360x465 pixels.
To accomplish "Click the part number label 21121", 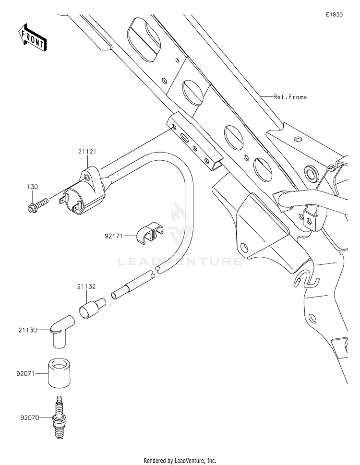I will pos(88,152).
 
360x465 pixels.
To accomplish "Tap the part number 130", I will pos(32,186).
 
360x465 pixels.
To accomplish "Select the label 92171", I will pos(114,236).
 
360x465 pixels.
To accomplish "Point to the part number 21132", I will pos(86,286).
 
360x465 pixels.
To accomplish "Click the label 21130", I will pos(27,330).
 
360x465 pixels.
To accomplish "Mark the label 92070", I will pos(27,417).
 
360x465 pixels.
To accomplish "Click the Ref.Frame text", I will pos(290,97).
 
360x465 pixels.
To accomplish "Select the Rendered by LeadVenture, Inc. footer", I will pos(180,460).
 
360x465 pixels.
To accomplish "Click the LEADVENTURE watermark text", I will pos(180,262).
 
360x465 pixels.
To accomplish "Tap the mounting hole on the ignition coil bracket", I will pos(87,178).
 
